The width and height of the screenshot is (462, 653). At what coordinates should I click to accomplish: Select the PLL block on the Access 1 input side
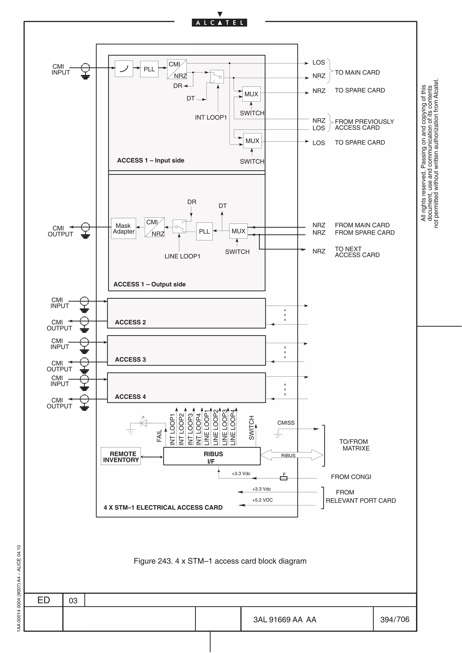[x=149, y=69]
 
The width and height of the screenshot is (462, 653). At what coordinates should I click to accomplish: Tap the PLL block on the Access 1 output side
[x=204, y=231]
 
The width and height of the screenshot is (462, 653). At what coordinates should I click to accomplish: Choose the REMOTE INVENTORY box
[x=121, y=457]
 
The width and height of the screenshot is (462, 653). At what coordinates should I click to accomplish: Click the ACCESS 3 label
[x=130, y=359]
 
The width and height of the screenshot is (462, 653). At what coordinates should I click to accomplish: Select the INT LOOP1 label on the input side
[x=211, y=117]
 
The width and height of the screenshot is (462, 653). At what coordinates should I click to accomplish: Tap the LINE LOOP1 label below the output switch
[x=182, y=256]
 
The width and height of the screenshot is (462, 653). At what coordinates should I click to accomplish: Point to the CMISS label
[x=286, y=423]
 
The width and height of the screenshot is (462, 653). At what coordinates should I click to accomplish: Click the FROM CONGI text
[x=351, y=477]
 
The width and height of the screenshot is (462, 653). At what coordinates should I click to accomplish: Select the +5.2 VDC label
[x=262, y=500]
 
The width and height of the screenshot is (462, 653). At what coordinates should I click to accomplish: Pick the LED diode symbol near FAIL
[x=144, y=423]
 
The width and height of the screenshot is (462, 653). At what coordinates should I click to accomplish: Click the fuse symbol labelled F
[x=284, y=478]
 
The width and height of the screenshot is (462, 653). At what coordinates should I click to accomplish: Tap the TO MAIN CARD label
[x=357, y=73]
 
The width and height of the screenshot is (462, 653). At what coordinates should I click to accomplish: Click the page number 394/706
[x=395, y=619]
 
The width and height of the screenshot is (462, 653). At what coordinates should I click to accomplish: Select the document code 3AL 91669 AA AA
[x=285, y=620]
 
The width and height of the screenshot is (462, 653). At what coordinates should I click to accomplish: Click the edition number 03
[x=73, y=601]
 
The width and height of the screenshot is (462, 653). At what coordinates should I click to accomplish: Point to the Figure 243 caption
[x=220, y=561]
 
